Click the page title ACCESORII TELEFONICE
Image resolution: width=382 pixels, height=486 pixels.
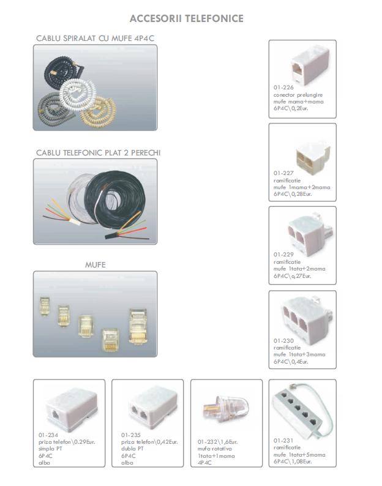[186, 18]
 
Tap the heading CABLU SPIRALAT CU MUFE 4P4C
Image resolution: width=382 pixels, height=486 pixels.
[95, 39]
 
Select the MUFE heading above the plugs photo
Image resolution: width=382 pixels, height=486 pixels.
[95, 264]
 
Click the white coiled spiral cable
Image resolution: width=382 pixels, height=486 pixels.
[78, 91]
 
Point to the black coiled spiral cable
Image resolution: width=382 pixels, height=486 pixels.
[61, 70]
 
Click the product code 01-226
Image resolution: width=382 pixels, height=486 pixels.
[283, 88]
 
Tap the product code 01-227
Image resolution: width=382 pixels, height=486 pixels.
[283, 173]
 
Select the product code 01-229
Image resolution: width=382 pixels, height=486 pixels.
[283, 255]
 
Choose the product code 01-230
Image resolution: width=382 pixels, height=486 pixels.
[283, 341]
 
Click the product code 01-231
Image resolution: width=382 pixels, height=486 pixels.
[283, 441]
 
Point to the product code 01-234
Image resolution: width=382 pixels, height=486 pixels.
[48, 435]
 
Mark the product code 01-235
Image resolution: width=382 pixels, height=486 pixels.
[131, 435]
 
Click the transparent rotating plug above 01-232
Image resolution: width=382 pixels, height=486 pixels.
[226, 408]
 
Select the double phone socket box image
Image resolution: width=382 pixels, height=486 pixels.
[153, 406]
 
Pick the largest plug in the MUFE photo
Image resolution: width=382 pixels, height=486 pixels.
[138, 326]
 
